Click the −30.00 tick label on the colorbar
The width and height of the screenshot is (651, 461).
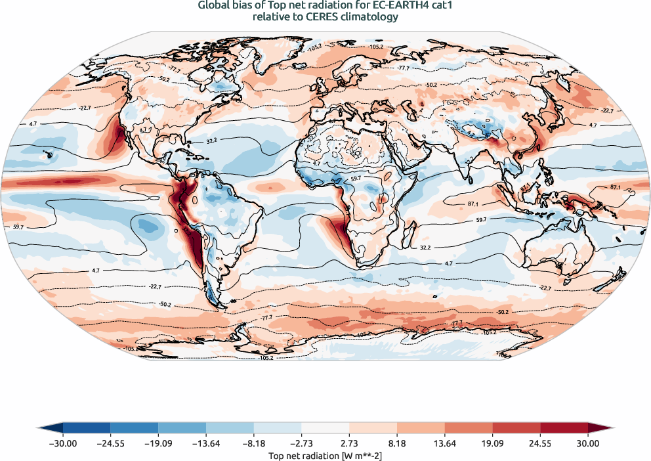[64, 443]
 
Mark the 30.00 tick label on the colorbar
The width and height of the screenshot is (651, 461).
[588, 443]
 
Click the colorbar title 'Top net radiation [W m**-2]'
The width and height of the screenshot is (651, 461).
[325, 454]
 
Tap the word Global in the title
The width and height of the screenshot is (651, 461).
[213, 6]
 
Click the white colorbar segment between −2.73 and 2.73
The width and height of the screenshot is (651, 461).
[325, 428]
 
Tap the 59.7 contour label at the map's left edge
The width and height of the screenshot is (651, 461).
[18, 227]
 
